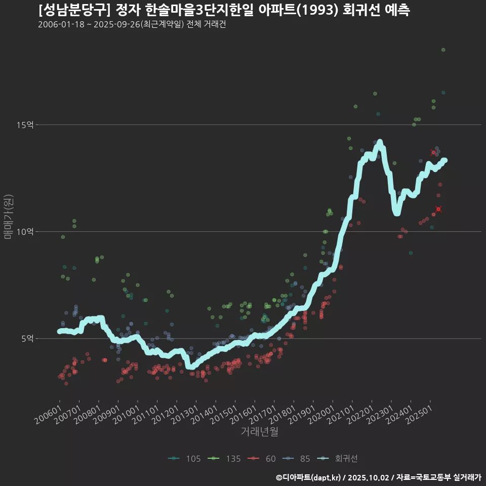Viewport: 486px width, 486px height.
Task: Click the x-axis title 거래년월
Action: [x=259, y=432]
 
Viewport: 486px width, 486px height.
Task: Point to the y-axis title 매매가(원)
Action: [x=9, y=216]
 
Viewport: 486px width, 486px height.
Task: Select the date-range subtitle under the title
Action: [x=132, y=25]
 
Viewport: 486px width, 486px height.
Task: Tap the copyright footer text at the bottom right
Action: [x=378, y=477]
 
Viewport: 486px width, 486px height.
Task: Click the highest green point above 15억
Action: [x=443, y=50]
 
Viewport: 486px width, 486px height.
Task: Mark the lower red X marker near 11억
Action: [x=438, y=209]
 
